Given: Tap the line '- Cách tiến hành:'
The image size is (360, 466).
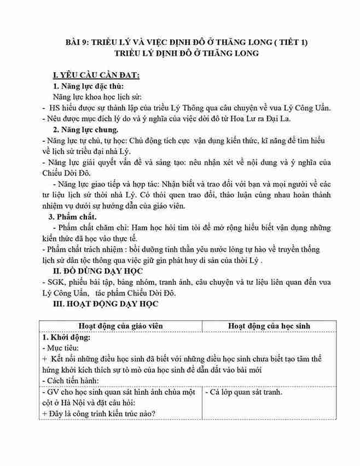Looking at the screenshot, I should [x=70, y=380].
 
